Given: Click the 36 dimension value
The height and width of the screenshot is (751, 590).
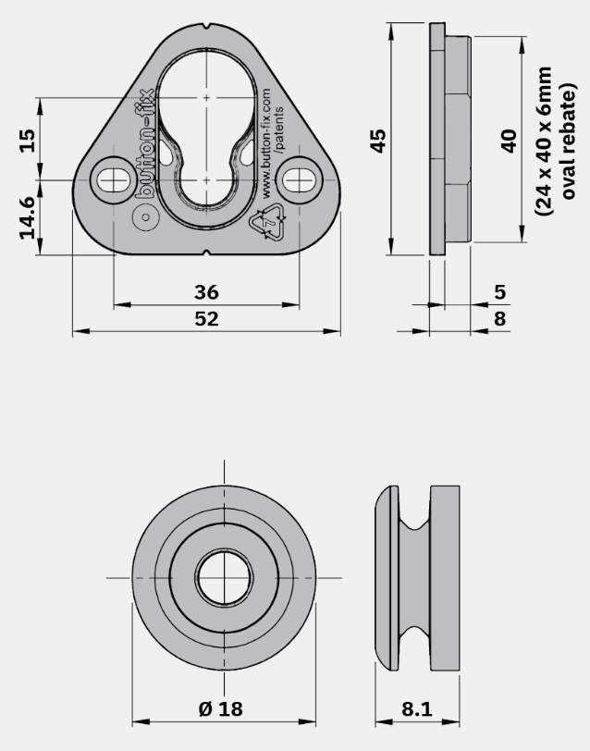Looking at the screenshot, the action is tap(206, 291).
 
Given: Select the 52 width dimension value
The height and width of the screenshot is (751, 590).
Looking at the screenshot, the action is tap(206, 318).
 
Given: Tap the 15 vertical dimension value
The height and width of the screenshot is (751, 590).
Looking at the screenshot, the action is tap(28, 140).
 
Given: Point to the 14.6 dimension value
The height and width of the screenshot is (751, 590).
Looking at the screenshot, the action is tap(28, 217).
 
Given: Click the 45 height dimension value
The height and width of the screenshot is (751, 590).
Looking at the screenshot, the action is tap(378, 141).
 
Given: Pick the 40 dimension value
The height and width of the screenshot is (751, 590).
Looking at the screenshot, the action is tap(509, 141).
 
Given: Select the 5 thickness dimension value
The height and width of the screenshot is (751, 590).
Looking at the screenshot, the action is tap(499, 291).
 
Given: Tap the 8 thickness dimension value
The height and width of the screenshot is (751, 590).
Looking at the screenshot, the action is tap(499, 318).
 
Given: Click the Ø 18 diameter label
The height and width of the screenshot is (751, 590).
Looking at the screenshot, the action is tap(221, 708).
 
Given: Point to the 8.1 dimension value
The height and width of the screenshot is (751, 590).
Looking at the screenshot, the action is tap(417, 708).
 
